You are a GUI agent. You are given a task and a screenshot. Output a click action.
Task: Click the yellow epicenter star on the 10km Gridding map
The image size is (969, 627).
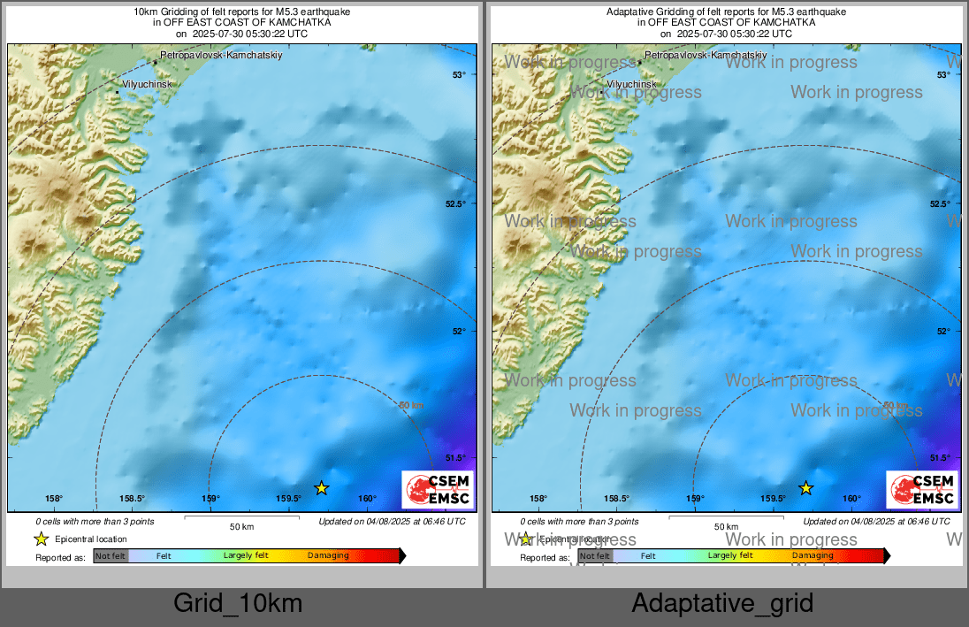click(x=321, y=487)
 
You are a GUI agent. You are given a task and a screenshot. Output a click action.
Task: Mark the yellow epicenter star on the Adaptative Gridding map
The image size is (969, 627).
click(x=805, y=487)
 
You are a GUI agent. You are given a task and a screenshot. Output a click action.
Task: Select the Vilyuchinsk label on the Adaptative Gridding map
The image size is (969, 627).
click(x=631, y=84)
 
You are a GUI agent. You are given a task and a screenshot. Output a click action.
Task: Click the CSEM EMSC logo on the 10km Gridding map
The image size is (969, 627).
click(x=438, y=489)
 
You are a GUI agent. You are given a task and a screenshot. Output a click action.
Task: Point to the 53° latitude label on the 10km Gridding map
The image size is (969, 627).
click(x=459, y=74)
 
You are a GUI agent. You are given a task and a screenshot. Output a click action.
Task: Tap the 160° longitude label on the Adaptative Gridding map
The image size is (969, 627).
click(x=851, y=499)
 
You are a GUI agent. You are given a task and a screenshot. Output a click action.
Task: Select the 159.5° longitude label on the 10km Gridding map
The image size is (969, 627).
click(x=288, y=499)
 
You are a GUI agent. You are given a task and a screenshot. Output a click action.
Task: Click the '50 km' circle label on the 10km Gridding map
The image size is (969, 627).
click(x=411, y=405)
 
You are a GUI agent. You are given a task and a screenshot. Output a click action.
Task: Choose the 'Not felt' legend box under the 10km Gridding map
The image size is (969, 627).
click(x=111, y=555)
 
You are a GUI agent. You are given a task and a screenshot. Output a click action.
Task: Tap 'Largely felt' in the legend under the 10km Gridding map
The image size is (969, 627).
click(x=245, y=555)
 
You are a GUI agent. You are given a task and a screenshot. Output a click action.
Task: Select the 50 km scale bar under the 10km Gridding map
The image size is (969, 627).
click(x=241, y=516)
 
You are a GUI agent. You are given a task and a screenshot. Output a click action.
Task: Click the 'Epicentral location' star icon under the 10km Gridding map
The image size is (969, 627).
click(x=41, y=539)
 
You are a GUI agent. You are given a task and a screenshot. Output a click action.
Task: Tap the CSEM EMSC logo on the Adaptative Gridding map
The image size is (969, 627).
click(x=922, y=489)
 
